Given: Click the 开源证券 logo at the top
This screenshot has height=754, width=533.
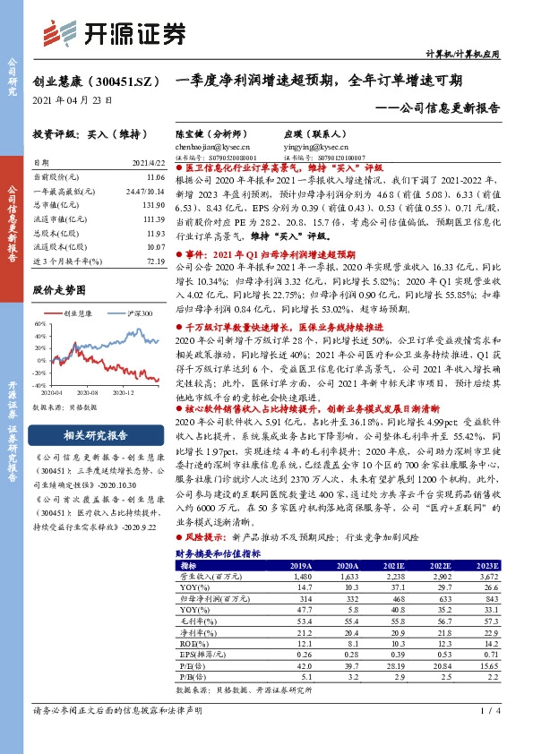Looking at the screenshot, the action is click(x=117, y=34).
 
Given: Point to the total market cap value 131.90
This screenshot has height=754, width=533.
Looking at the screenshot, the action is click(x=156, y=204).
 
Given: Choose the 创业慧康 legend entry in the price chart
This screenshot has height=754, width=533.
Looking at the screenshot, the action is click(x=80, y=313).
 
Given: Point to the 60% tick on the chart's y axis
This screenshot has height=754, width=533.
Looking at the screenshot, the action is click(x=39, y=324).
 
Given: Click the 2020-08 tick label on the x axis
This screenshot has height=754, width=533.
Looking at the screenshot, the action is click(x=85, y=393).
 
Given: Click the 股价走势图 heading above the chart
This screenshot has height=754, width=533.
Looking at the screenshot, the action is click(x=59, y=290).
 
